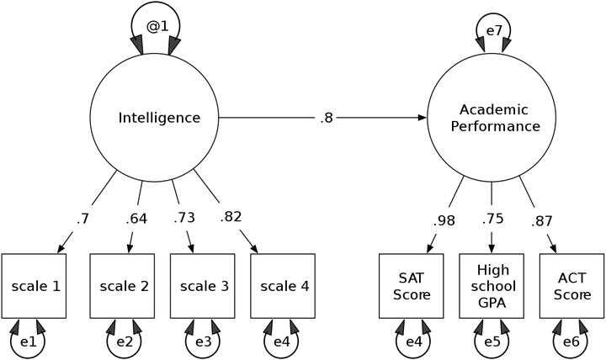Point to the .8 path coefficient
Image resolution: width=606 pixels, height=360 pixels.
[327, 118]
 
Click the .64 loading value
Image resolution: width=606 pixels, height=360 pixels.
[136, 219]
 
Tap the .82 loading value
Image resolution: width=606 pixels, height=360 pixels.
[231, 217]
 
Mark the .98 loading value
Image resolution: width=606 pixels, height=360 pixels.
[444, 221]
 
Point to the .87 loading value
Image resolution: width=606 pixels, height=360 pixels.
[542, 221]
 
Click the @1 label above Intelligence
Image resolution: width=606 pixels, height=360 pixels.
[157, 26]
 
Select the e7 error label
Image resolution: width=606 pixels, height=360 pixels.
[493, 30]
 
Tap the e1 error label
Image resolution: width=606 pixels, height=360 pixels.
[28, 341]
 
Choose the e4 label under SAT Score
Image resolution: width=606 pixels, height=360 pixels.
[414, 341]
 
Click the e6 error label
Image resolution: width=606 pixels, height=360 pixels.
[571, 341]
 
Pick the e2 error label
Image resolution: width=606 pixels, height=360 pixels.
[125, 341]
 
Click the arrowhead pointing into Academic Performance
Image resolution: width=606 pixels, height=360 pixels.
[423, 118]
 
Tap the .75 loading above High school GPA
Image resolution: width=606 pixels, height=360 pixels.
[492, 219]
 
